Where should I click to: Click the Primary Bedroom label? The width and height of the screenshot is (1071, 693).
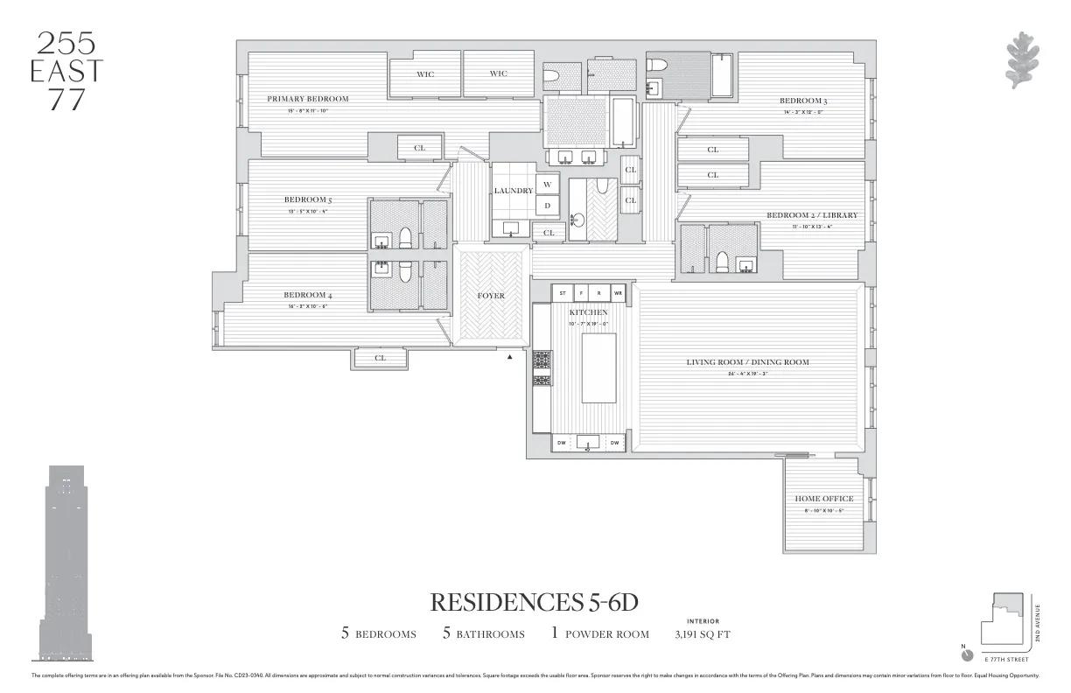[x=307, y=99]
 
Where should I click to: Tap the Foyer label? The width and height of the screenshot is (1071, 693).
[x=491, y=296]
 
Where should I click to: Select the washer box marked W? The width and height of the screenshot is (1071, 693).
[x=547, y=185]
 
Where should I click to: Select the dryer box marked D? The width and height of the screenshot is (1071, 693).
[x=547, y=206]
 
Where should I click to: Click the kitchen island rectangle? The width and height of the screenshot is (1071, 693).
[x=599, y=367]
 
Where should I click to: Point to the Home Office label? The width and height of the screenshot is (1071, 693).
[x=823, y=499]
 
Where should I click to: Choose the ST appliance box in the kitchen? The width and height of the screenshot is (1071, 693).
[x=563, y=293]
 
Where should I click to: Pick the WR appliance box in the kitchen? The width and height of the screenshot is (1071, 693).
[x=618, y=293]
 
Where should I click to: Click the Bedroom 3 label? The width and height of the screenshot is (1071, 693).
[x=803, y=101]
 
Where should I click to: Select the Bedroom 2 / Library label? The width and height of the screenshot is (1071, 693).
[x=812, y=215]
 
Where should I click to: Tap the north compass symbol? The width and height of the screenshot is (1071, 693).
[x=966, y=654]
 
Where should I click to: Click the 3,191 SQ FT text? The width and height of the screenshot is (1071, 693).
[x=703, y=633]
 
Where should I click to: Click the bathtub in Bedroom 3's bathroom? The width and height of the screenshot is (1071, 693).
[x=723, y=75]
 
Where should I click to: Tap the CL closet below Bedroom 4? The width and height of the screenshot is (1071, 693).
[x=381, y=358]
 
